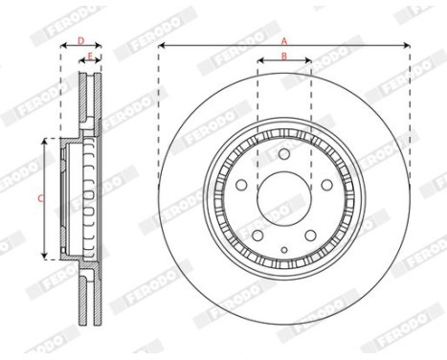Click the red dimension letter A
click(284, 41)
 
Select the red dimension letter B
click(284, 56)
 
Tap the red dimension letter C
click(40, 199)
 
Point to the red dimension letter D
click(81, 40)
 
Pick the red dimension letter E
click(90, 56)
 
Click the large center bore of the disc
click(284, 198)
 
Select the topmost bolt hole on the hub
click(284, 154)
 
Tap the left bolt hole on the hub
click(241, 185)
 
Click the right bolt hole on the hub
click(326, 185)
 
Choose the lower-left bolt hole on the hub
click(257, 236)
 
